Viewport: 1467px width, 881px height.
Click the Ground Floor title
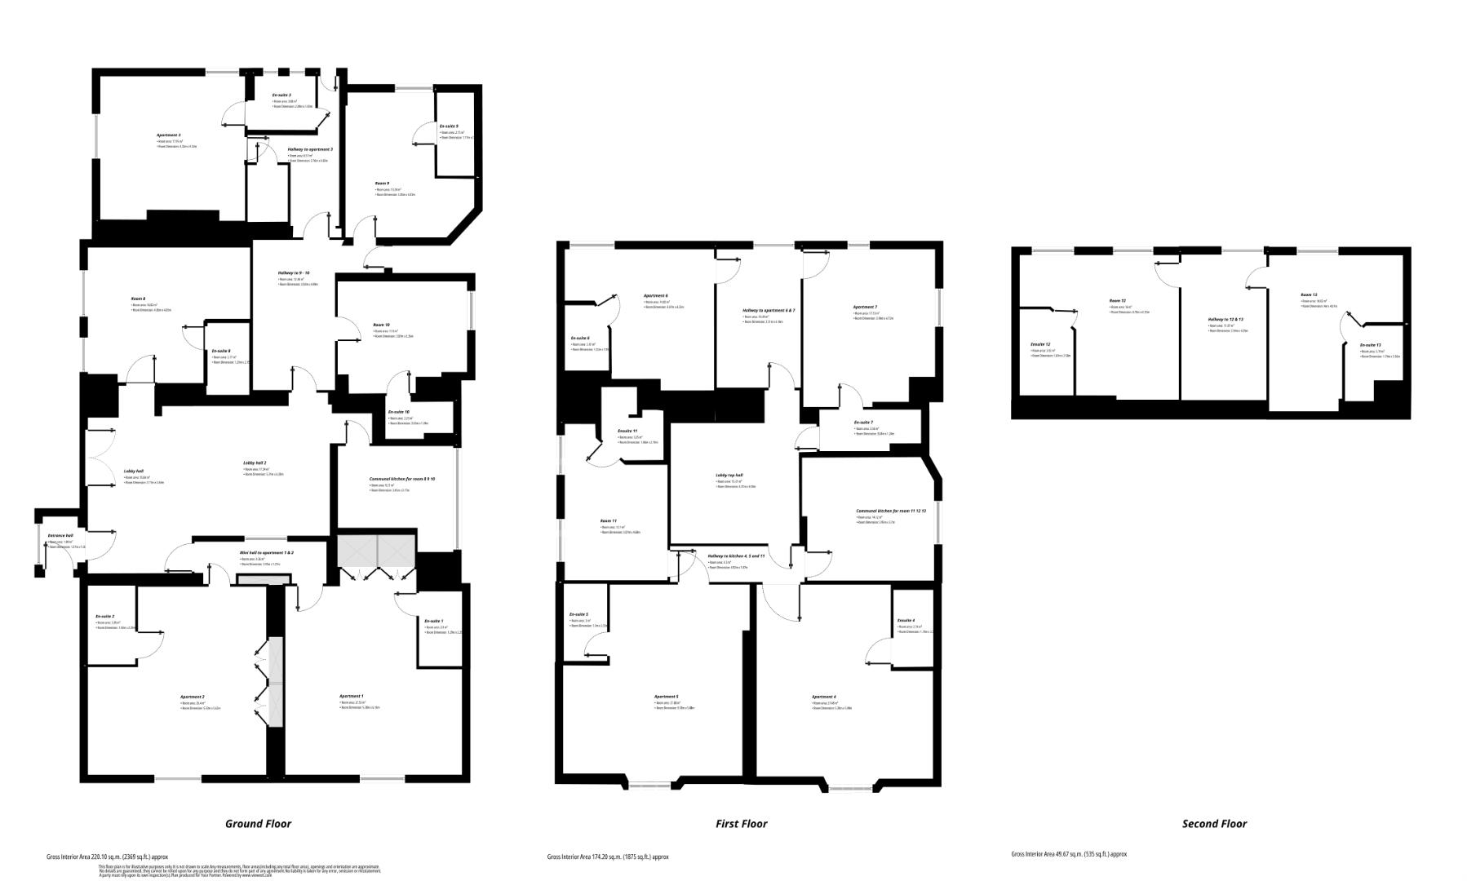[258, 824]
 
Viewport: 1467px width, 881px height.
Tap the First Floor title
[741, 824]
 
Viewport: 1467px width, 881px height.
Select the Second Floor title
[1214, 824]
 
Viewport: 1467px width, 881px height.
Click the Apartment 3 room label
[168, 135]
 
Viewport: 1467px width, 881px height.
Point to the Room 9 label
[382, 184]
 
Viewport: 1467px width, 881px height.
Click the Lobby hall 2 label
[255, 463]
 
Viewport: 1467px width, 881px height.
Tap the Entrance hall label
[60, 536]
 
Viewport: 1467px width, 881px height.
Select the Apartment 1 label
[351, 696]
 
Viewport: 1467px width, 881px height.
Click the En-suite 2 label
[104, 616]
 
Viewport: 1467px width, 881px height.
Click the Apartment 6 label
[655, 296]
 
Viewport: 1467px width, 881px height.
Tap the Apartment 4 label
[823, 697]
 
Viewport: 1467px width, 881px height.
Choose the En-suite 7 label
[863, 423]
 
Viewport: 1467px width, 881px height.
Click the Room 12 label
[1117, 301]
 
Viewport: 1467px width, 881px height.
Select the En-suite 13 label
[1370, 345]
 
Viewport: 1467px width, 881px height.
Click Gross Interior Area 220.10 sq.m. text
[107, 857]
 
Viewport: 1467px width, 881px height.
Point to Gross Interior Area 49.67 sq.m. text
[1068, 854]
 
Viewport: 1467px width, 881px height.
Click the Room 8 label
[138, 299]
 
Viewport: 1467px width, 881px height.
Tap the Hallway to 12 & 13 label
[1225, 319]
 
